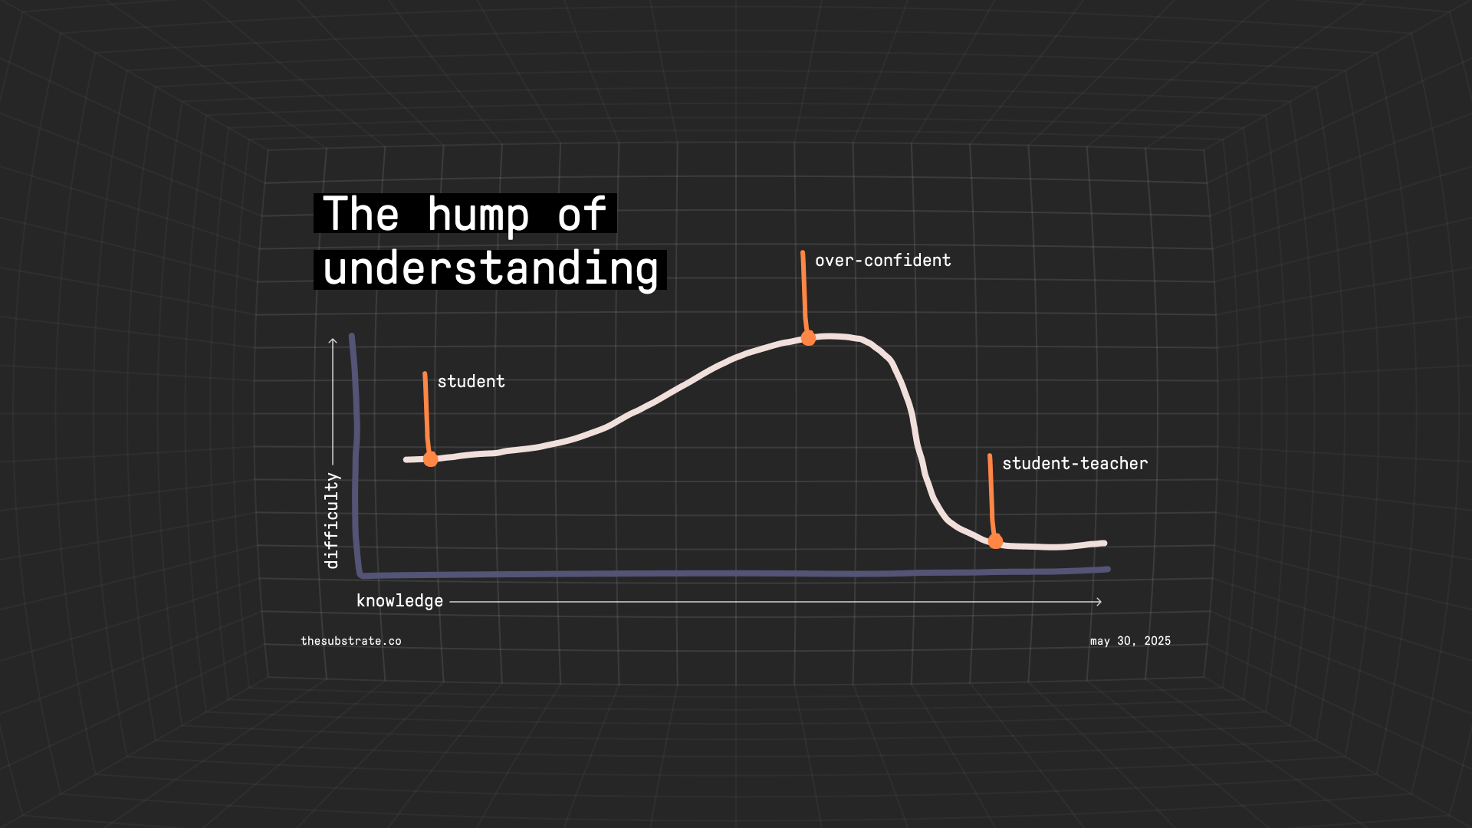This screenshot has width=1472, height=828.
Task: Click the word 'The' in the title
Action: (x=361, y=213)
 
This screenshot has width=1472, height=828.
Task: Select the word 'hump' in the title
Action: (x=478, y=215)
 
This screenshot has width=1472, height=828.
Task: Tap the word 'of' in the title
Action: (x=582, y=213)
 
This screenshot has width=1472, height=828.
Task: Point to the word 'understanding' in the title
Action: (x=491, y=270)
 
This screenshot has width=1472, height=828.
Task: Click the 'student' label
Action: (x=471, y=381)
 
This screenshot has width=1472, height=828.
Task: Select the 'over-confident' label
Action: (x=882, y=260)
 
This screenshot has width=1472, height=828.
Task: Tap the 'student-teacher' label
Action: (x=1075, y=463)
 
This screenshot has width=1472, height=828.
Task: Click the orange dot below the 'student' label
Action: (x=431, y=459)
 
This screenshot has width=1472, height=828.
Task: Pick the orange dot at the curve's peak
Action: (x=808, y=338)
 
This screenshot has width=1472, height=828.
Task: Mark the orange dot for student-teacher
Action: (x=995, y=541)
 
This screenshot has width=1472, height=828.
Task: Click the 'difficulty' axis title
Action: (x=331, y=521)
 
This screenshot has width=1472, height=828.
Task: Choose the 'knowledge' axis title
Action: (x=399, y=601)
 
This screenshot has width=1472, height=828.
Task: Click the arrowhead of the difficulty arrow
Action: (x=333, y=340)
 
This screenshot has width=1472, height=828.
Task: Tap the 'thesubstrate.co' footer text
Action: (x=351, y=641)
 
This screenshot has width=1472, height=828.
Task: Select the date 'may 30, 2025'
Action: (x=1130, y=641)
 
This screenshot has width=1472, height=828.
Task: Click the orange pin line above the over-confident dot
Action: (x=804, y=291)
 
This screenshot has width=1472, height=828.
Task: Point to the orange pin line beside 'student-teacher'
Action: (x=991, y=495)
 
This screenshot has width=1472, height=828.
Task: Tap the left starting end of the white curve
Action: (x=406, y=460)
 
